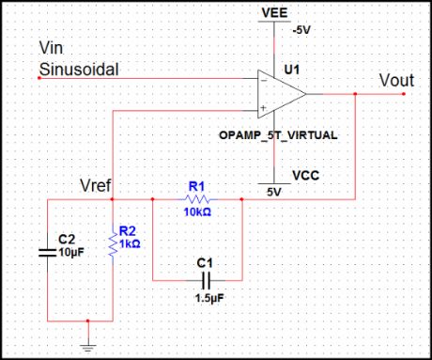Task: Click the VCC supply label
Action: tap(305, 175)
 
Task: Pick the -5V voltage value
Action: tap(301, 30)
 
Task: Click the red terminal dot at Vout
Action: tap(403, 94)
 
